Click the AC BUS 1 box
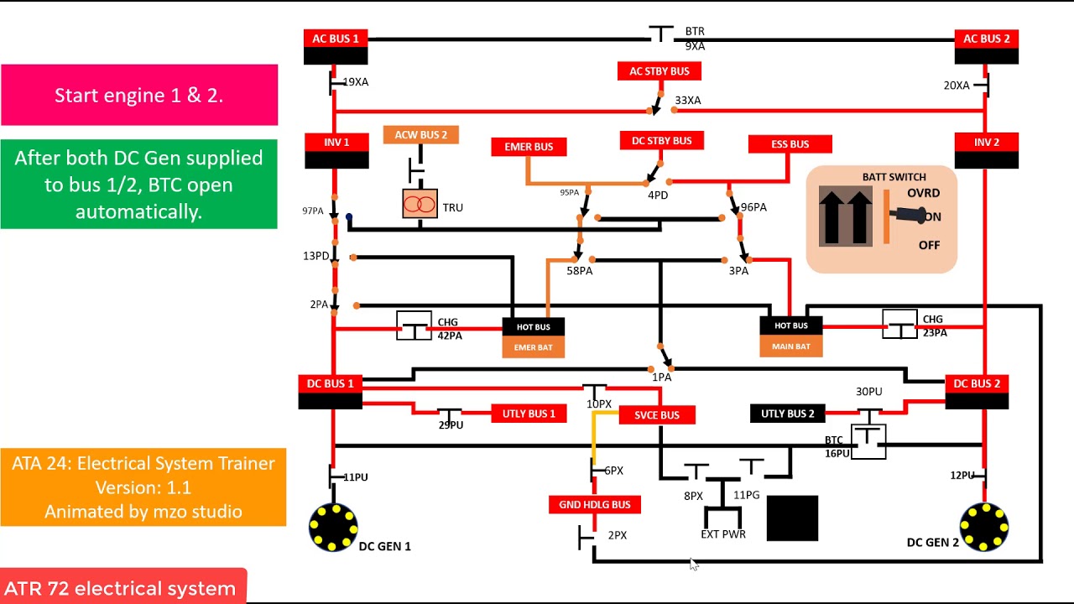pyautogui.click(x=335, y=39)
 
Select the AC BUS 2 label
pyautogui.click(x=986, y=39)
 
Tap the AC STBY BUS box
pyautogui.click(x=659, y=71)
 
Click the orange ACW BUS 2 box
pyautogui.click(x=420, y=135)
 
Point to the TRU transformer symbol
pyautogui.click(x=420, y=204)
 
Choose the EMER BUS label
pyautogui.click(x=529, y=147)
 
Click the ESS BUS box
pyautogui.click(x=790, y=144)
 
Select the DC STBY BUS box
pyautogui.click(x=661, y=141)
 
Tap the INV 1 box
pyautogui.click(x=336, y=143)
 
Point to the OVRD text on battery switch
pyautogui.click(x=923, y=193)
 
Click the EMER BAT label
pyautogui.click(x=533, y=347)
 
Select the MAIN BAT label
pyautogui.click(x=790, y=346)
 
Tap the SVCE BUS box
pyautogui.click(x=656, y=415)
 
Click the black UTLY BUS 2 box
pyautogui.click(x=787, y=414)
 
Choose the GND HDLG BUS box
pyautogui.click(x=594, y=505)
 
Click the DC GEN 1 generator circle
pyautogui.click(x=332, y=527)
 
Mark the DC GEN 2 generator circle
pyautogui.click(x=983, y=527)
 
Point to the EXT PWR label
pyautogui.click(x=722, y=534)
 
